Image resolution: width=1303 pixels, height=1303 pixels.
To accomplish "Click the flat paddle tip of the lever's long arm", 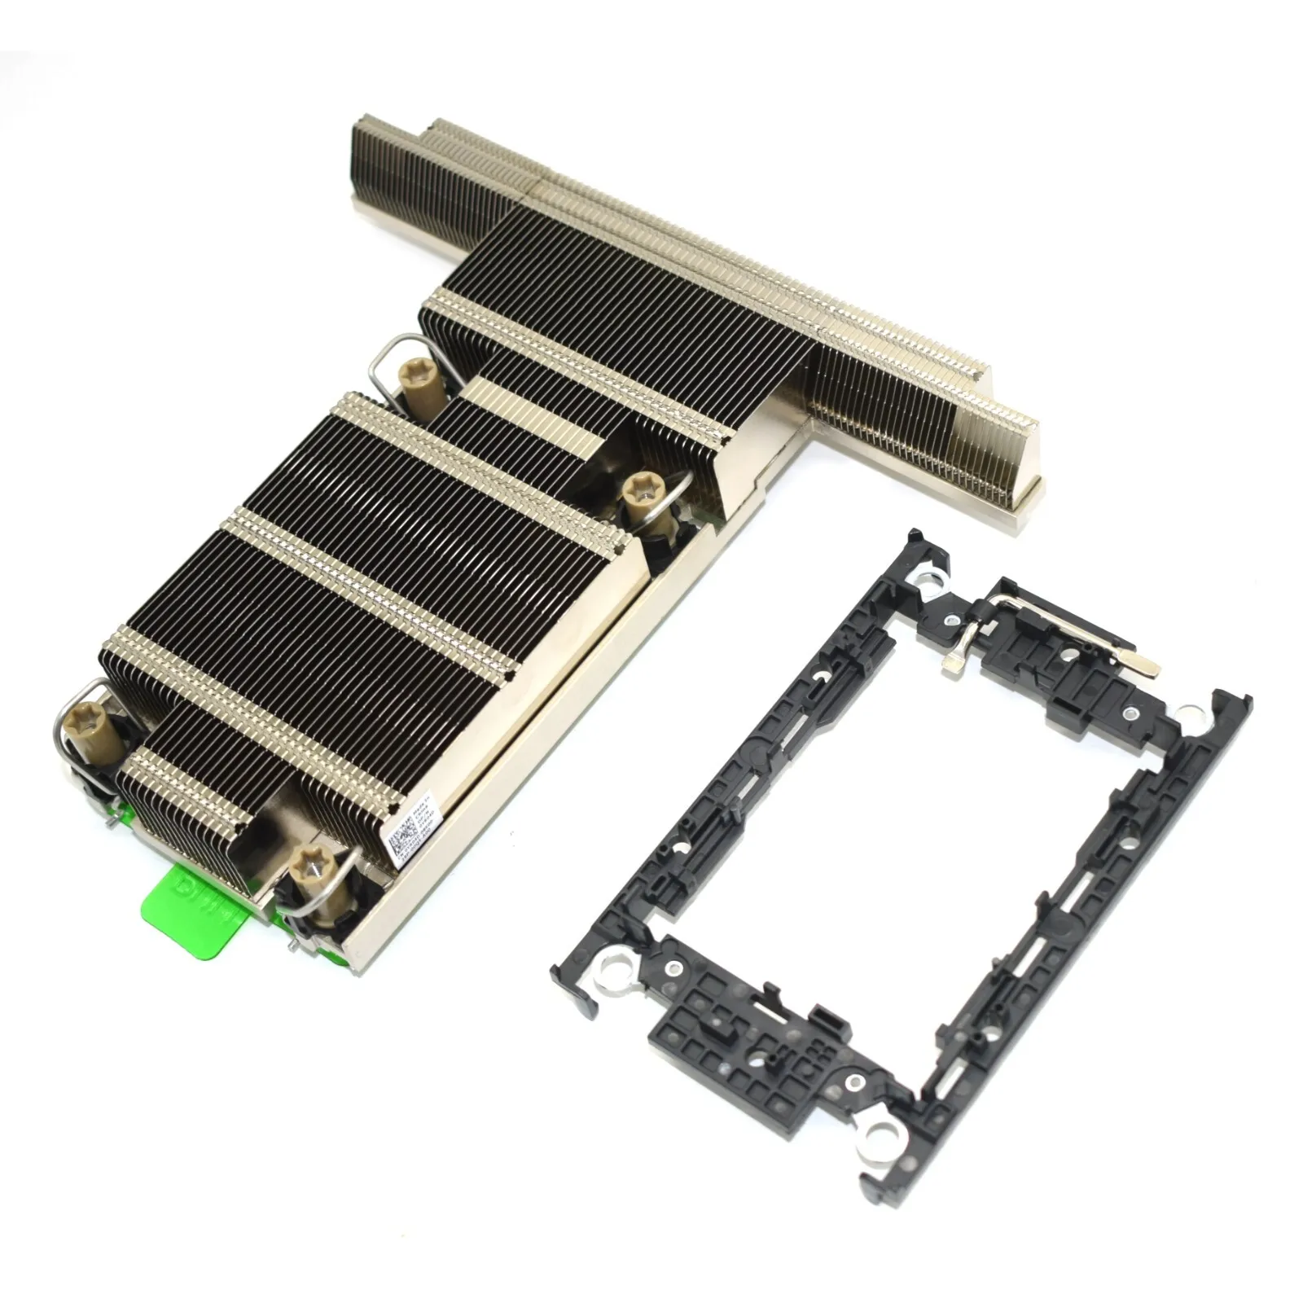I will (1147, 664).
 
